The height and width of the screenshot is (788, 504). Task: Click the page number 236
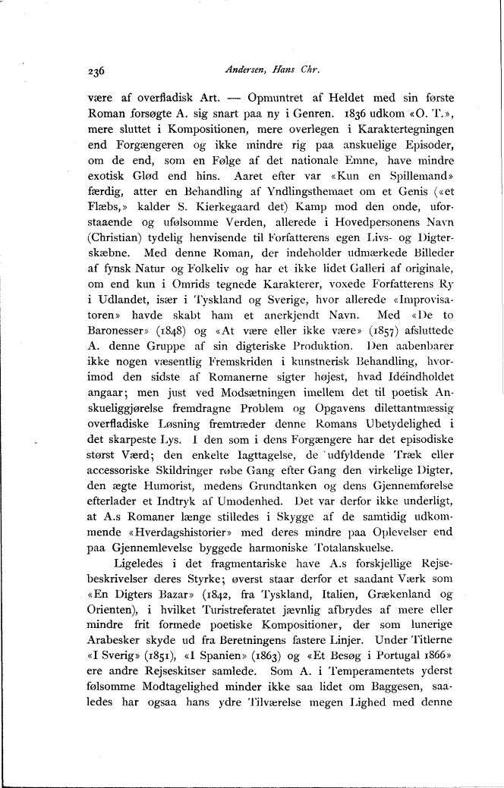click(96, 72)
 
